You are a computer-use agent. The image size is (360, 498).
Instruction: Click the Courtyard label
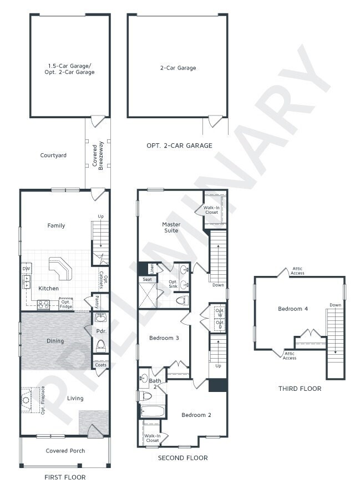53,155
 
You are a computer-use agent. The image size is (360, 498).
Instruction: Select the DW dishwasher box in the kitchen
26,269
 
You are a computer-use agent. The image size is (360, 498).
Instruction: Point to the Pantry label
97,302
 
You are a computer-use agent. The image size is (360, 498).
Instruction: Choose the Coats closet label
100,364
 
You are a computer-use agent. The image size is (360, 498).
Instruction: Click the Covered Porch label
65,451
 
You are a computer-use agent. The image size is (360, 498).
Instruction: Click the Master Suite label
171,227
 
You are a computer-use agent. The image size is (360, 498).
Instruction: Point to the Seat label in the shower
147,280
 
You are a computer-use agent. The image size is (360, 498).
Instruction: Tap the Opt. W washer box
219,312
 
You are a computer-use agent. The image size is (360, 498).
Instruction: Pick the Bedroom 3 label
164,338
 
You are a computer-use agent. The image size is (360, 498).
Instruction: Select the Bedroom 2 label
196,415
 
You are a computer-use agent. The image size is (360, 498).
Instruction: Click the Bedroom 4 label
292,309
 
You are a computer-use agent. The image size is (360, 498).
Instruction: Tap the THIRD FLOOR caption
300,389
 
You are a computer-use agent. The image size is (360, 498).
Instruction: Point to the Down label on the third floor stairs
335,305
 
